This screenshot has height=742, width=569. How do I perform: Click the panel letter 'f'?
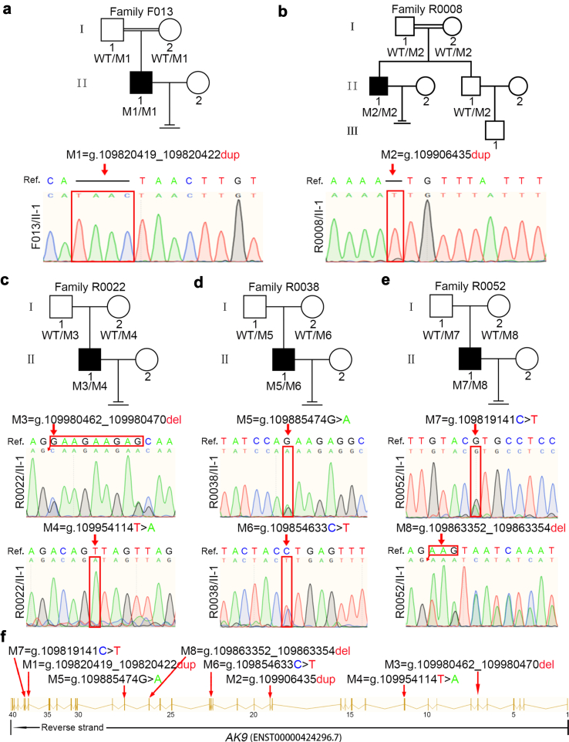pyautogui.click(x=8, y=637)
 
